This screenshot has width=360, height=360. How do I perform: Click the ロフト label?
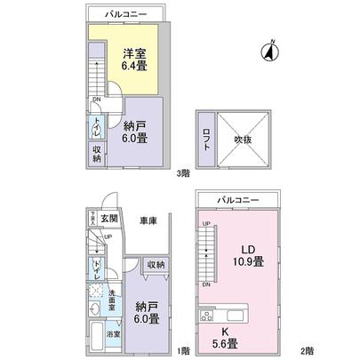(204, 140)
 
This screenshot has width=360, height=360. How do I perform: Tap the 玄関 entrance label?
(108, 218)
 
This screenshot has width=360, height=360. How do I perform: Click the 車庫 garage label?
(148, 219)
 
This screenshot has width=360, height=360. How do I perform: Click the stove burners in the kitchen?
(209, 314)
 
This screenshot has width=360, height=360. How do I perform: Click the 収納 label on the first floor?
(156, 265)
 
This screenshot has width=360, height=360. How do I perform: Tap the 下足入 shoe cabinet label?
(91, 218)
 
